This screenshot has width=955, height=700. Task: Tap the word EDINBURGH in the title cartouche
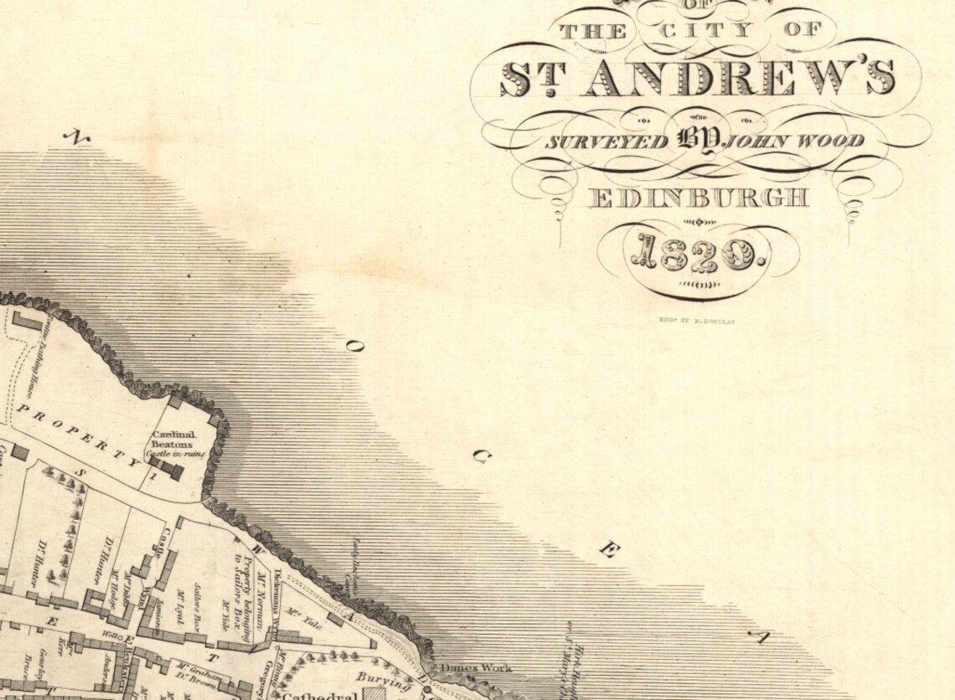[699, 198]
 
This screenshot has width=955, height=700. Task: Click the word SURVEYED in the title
[607, 141]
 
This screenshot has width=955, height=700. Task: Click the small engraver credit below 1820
[697, 320]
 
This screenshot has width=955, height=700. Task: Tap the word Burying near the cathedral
[383, 681]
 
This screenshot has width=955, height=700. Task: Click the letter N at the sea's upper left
[78, 136]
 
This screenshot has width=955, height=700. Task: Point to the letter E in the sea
[609, 550]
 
